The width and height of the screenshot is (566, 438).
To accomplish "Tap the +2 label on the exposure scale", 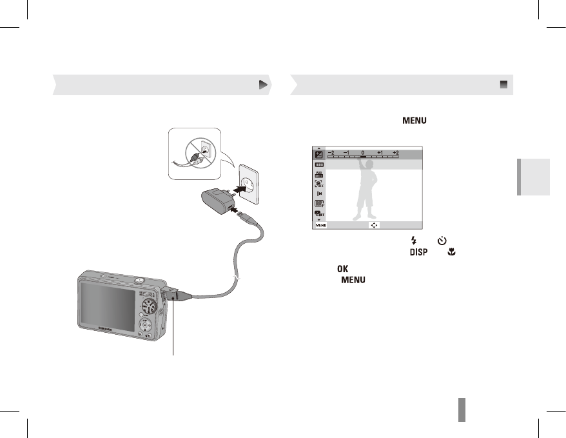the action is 396,153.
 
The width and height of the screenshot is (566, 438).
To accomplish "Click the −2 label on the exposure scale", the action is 331,153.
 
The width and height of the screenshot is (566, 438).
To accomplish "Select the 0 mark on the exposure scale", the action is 363,153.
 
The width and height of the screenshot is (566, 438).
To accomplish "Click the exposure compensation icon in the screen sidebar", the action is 318,154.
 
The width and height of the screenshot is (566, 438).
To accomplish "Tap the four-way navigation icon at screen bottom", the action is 374,226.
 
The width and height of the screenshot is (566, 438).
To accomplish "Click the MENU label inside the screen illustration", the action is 320,226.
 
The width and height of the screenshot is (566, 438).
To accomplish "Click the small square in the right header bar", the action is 503,85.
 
